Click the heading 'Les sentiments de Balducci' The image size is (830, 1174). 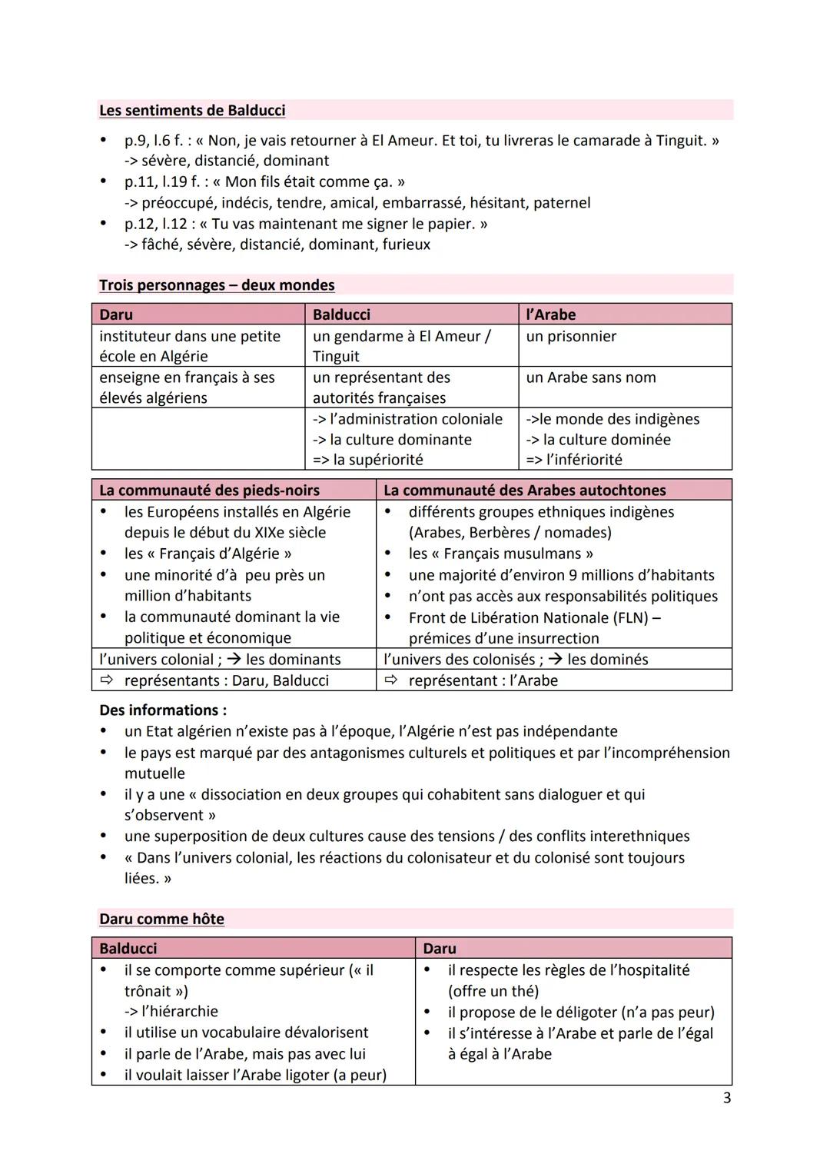coord(192,111)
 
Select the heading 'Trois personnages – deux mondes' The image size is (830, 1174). coord(217,285)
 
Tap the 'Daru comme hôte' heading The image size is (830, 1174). coord(161,919)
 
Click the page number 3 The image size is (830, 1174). coord(726,1098)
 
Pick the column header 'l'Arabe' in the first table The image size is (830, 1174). coord(550,314)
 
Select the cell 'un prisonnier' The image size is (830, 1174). coord(570,336)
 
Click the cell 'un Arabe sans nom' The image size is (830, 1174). coord(590,377)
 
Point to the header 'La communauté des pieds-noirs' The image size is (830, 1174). coord(209,491)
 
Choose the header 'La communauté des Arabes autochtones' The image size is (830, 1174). coord(524,491)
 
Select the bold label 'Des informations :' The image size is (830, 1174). coord(163,710)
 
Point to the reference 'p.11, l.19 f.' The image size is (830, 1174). coord(168,182)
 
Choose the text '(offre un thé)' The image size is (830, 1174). coord(493,991)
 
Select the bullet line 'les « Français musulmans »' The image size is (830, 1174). coord(500,554)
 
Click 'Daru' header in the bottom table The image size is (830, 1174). coord(439,949)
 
